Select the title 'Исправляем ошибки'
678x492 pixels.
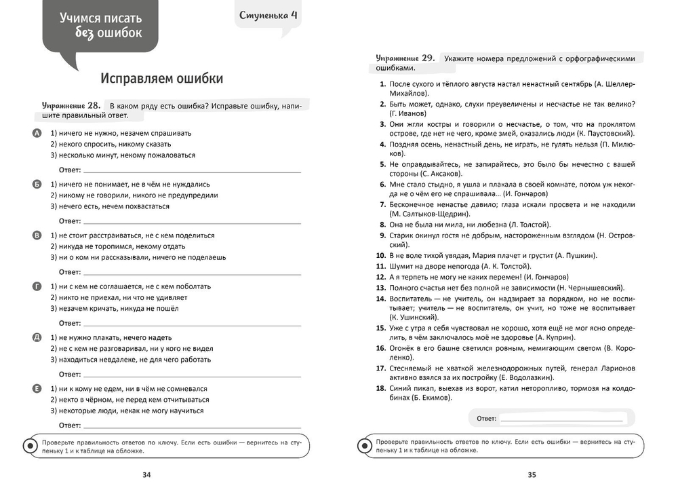[x=161, y=79]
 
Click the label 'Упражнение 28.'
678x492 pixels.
[x=71, y=105]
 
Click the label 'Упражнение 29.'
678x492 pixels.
[x=405, y=58]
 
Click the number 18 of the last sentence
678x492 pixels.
[x=380, y=387]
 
